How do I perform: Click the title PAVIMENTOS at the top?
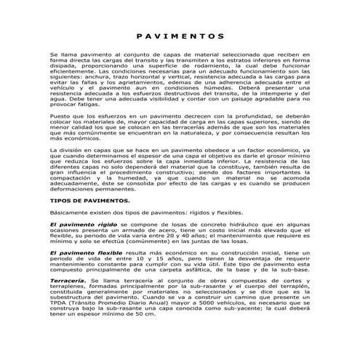179,36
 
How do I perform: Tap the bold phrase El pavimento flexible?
86,252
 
